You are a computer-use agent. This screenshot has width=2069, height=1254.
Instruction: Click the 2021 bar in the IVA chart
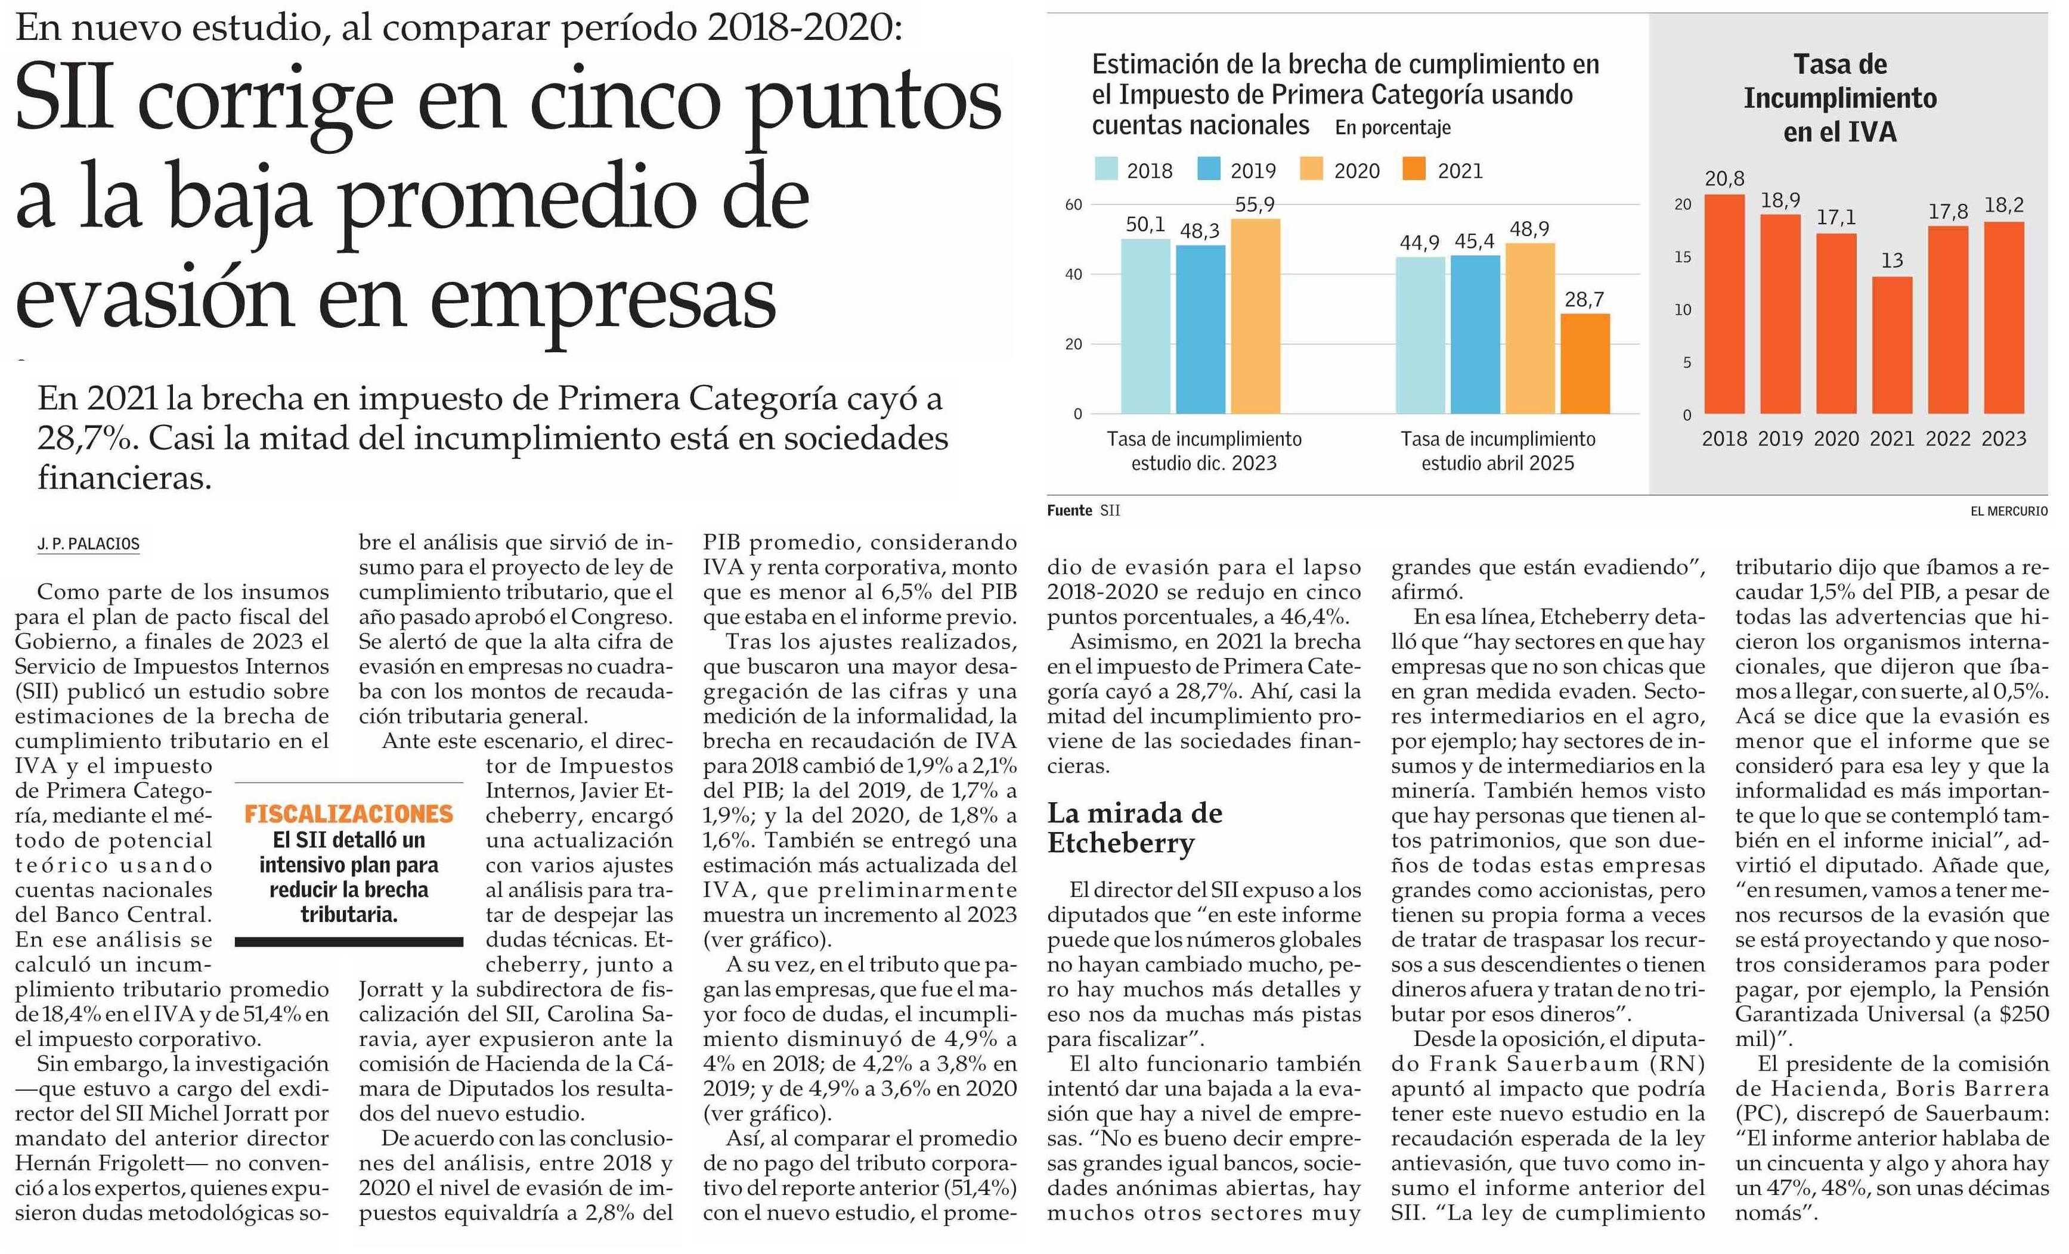1892,345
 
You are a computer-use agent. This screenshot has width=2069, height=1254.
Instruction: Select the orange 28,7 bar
1585,364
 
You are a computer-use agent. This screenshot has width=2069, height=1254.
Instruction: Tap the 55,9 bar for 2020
1255,316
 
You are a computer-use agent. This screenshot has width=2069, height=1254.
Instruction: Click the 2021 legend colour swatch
1414,169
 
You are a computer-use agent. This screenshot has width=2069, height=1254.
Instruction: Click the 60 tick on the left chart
1073,204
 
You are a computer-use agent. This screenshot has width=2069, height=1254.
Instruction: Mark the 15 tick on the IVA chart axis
1682,257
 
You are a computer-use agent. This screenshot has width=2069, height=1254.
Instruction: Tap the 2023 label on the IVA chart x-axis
2003,438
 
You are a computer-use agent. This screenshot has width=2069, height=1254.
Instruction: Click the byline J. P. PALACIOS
88,544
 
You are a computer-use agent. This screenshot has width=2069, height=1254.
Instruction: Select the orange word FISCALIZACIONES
348,814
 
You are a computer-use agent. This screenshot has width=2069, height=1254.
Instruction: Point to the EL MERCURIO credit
2009,510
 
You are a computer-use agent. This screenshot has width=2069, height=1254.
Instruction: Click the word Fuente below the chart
1069,510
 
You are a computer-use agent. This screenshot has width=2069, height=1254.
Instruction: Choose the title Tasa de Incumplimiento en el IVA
1840,98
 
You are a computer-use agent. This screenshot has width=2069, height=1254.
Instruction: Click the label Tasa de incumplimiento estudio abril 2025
1497,451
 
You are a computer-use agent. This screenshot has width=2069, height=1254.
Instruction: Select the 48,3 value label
1199,231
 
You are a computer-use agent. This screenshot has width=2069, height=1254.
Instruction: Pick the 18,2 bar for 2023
2003,318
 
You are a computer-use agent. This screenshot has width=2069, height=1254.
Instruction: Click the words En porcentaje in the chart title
1392,128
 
